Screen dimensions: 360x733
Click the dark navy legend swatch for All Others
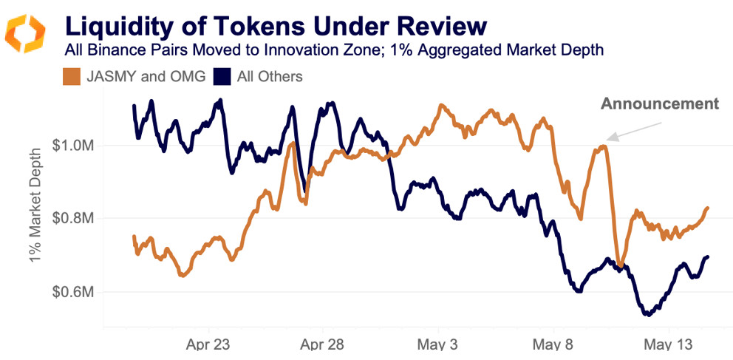tap(222, 76)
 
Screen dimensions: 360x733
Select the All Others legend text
tap(270, 76)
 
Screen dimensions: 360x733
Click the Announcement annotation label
tap(659, 103)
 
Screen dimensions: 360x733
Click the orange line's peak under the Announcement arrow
tap(603, 146)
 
